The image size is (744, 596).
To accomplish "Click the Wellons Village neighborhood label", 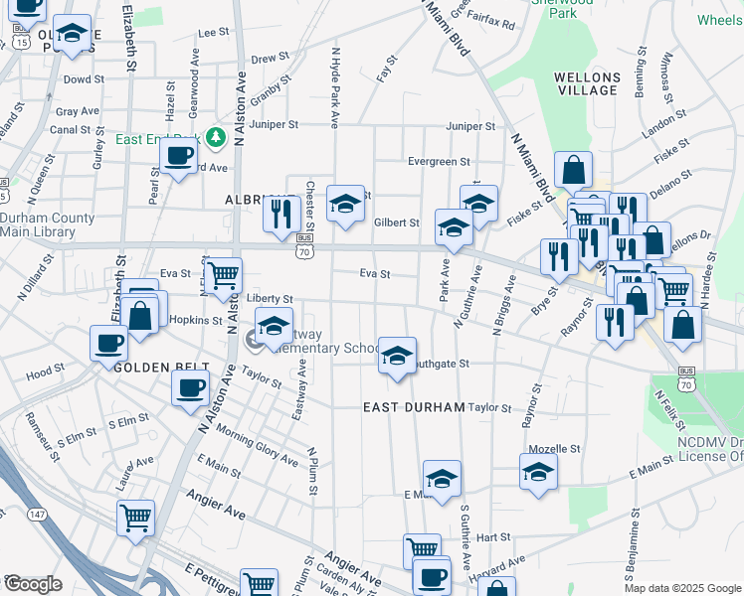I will point(587,82).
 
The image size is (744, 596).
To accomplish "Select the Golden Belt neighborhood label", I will point(152,367).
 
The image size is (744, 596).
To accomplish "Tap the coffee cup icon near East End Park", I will point(179,156).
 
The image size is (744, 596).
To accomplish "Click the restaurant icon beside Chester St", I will point(281,213).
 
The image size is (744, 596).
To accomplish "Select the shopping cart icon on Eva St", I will point(223,273).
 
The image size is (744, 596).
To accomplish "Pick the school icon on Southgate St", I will point(396,356).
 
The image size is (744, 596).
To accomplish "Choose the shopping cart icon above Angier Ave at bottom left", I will point(135,517).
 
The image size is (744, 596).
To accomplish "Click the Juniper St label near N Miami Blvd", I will point(470,126).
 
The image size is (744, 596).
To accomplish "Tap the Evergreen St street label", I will point(439,162).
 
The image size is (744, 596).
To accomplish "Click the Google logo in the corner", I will point(33,584).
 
